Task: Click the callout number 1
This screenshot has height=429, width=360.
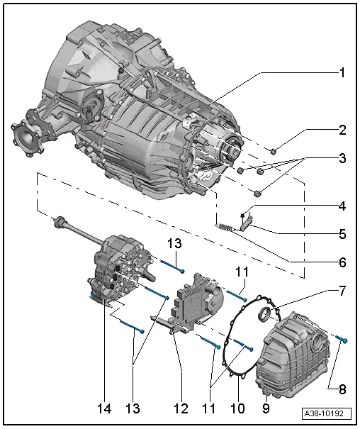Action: click(342, 72)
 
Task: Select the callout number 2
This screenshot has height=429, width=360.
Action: click(342, 131)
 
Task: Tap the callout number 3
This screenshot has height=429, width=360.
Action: click(342, 159)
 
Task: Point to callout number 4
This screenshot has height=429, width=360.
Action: click(342, 207)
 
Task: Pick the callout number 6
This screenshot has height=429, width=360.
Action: click(342, 262)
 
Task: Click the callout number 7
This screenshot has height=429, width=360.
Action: click(342, 290)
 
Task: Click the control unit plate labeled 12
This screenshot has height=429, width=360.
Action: click(191, 308)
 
